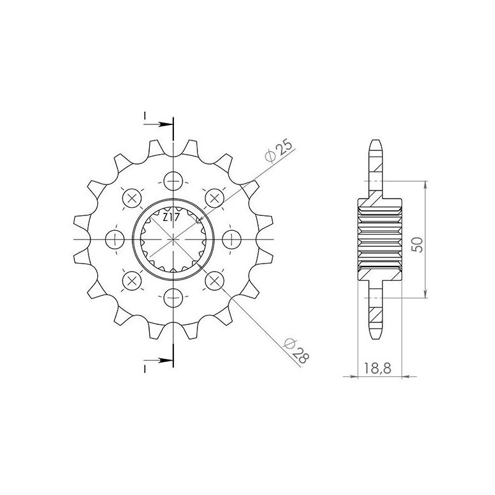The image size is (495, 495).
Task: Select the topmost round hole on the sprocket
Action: (174, 181)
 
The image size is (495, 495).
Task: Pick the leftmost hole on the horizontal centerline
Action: (115, 239)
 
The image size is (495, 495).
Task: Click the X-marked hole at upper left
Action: (132, 198)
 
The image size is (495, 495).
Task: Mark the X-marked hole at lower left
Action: (132, 281)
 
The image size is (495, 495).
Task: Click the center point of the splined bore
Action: (174, 239)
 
